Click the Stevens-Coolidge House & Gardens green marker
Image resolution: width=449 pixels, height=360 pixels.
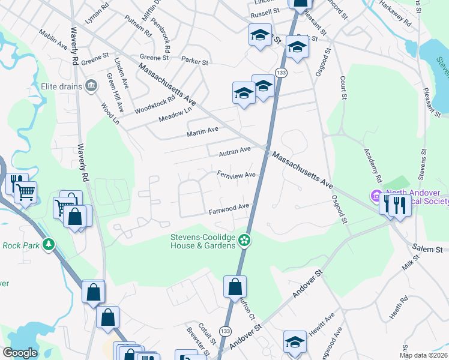(x=244, y=241)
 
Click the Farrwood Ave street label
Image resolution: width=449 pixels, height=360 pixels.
(x=229, y=208)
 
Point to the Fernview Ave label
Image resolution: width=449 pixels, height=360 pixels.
(x=237, y=175)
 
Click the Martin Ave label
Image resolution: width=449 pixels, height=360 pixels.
(x=202, y=131)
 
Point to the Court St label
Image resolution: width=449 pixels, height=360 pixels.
(x=343, y=86)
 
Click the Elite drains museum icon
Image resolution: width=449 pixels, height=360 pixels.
(x=91, y=86)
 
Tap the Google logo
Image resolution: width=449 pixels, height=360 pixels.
(x=20, y=353)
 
